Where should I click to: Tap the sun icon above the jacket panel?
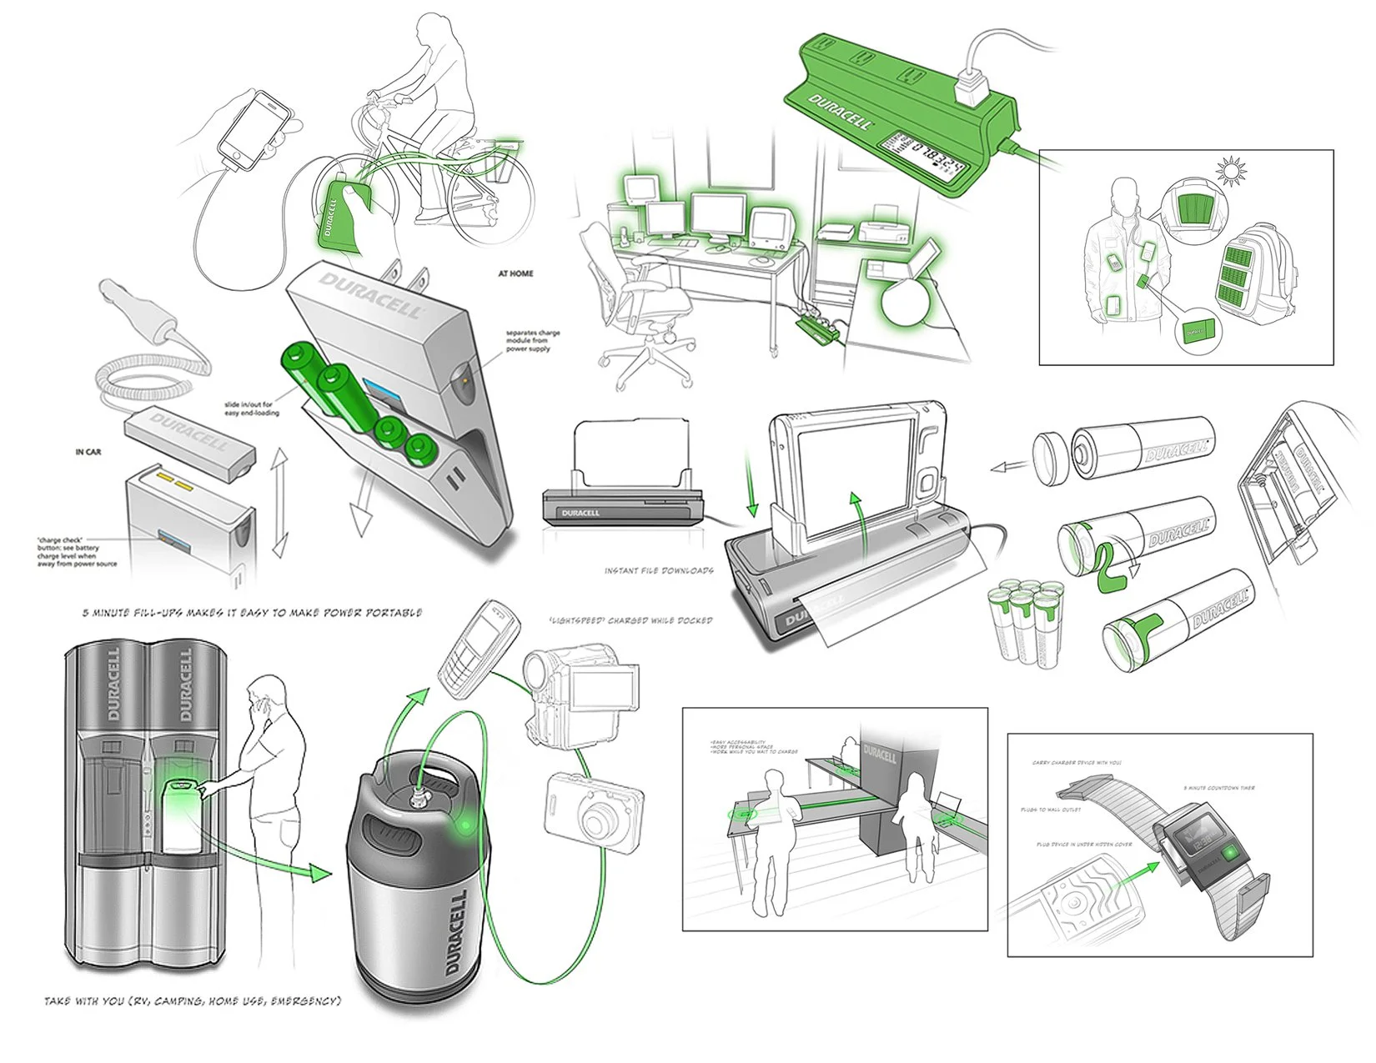(1232, 173)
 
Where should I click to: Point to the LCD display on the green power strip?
(924, 154)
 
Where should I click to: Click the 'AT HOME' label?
(515, 273)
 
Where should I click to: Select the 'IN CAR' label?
(88, 452)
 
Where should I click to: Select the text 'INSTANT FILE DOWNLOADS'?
(659, 571)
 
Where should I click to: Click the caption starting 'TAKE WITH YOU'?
(193, 1000)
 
